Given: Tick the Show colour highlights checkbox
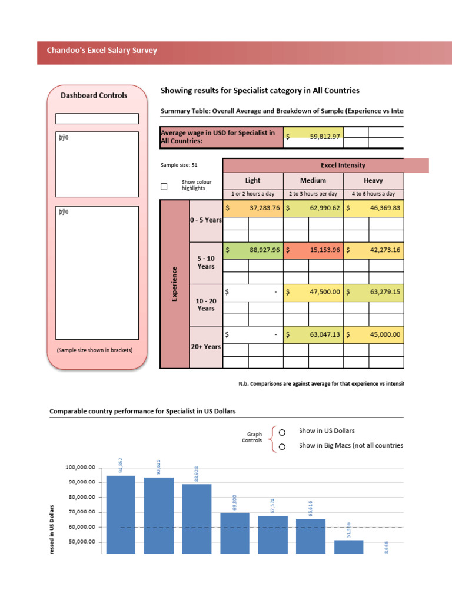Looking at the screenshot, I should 164,187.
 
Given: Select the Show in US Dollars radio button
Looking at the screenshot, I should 282,432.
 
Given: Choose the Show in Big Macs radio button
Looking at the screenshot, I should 282,446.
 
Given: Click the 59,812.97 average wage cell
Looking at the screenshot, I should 313,137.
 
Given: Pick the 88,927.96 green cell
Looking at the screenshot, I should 252,250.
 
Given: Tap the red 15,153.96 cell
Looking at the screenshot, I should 313,250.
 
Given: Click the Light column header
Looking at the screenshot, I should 252,180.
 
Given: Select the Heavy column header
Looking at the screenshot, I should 374,180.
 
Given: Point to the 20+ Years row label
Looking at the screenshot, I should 205,347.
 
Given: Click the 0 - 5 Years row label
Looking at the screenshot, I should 205,220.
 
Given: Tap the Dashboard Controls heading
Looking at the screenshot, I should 94,95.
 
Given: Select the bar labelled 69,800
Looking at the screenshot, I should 235,532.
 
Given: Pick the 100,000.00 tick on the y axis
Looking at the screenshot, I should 80,468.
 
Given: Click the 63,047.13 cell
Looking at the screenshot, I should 313,334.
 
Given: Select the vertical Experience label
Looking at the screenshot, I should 174,284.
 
